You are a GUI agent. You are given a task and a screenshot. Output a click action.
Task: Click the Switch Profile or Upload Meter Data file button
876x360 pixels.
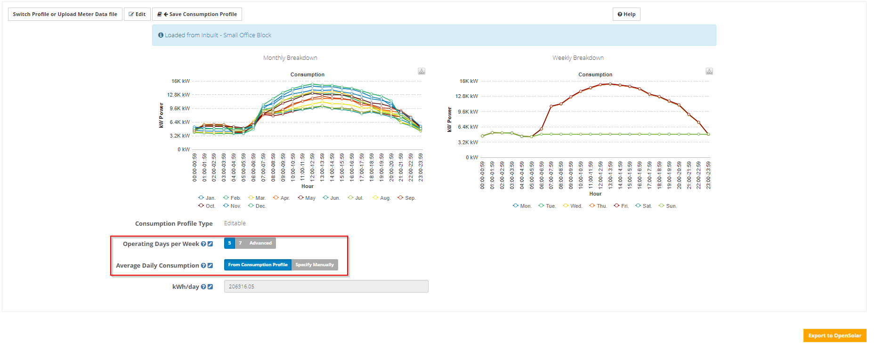point(65,14)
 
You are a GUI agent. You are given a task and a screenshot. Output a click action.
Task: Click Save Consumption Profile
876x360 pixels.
point(197,14)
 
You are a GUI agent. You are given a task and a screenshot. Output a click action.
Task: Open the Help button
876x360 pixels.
point(626,14)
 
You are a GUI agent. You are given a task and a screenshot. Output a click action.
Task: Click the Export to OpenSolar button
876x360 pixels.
point(835,335)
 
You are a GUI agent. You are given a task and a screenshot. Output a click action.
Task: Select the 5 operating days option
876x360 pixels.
point(229,243)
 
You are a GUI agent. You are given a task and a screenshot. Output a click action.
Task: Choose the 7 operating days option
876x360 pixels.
point(240,243)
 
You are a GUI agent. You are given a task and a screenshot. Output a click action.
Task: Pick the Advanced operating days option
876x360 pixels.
point(260,243)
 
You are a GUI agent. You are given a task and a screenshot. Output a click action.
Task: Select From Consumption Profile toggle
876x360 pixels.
point(258,265)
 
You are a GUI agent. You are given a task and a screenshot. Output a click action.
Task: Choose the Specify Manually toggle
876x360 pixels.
point(315,265)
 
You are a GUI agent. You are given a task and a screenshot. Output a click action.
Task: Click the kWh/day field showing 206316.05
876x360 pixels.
point(326,286)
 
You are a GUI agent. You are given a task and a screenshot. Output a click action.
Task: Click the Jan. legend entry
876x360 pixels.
point(207,198)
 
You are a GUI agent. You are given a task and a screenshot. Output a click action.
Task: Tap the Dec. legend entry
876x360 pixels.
point(257,206)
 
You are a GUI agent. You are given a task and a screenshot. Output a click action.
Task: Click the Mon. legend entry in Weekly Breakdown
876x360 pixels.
point(522,206)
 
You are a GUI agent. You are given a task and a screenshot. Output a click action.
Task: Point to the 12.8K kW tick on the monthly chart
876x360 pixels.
point(178,95)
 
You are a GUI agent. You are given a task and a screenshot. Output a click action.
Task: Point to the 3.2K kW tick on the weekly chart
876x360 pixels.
point(468,142)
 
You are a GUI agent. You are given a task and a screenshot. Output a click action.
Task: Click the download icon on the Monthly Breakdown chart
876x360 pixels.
point(422,71)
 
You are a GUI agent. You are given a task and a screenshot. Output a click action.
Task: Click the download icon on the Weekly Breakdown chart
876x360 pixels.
point(709,71)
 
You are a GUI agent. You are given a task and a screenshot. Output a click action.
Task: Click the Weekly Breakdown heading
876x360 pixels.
point(578,58)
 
